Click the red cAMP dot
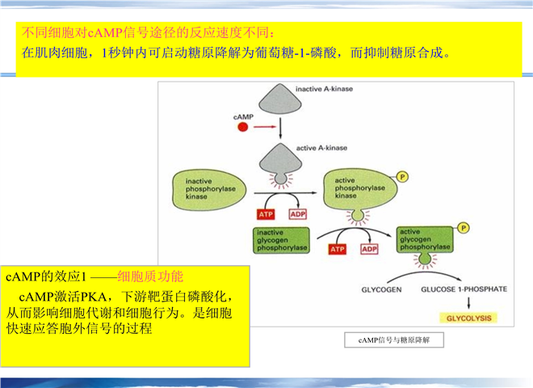[x=242, y=127]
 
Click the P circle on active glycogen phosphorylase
[x=464, y=229]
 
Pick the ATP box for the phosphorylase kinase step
[x=266, y=214]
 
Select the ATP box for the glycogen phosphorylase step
[x=337, y=249]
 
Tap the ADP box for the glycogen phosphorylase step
[x=369, y=249]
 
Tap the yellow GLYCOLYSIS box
[x=464, y=318]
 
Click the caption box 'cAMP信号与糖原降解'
[x=393, y=340]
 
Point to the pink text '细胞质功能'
[x=151, y=276]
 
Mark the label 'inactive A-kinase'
[x=324, y=88]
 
